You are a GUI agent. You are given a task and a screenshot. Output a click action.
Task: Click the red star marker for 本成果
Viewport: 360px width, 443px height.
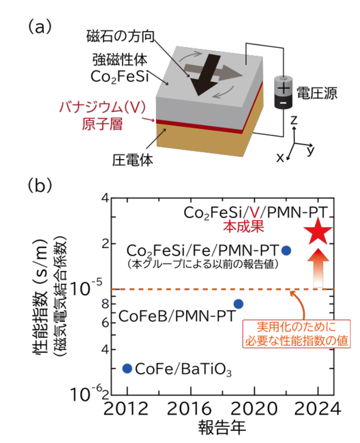(318, 232)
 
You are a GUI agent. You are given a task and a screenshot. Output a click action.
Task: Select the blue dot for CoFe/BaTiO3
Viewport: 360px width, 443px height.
(127, 368)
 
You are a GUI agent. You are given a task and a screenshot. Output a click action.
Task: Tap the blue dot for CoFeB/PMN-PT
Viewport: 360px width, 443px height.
(238, 304)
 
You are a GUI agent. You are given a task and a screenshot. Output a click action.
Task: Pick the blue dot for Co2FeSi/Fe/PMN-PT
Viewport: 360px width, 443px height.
(286, 250)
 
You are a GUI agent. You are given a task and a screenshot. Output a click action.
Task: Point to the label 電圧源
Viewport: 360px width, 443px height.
(317, 92)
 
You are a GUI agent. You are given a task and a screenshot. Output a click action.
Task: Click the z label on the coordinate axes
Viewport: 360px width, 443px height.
(294, 121)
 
